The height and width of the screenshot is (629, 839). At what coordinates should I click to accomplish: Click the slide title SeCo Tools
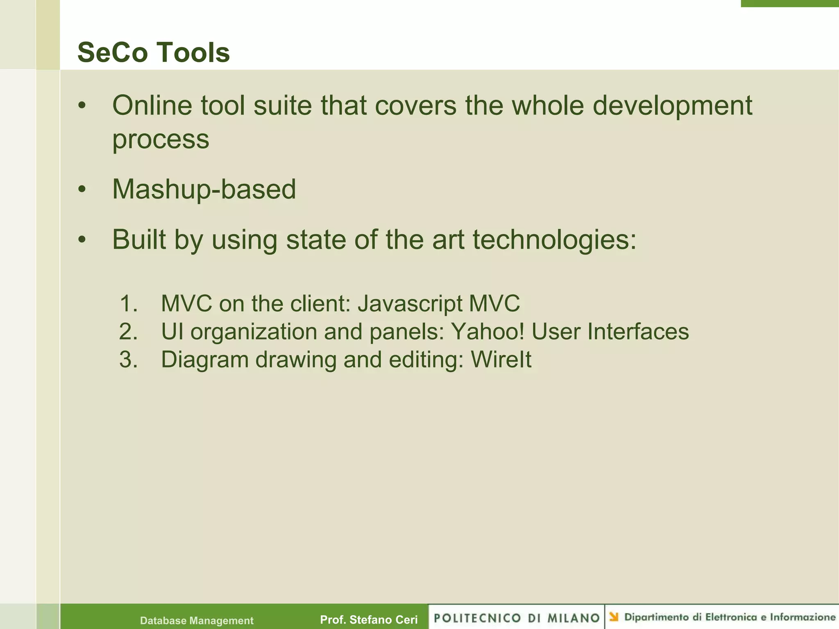click(x=153, y=53)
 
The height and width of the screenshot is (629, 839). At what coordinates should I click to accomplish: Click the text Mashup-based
click(x=204, y=190)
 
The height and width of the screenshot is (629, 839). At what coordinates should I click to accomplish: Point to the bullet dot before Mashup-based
click(x=82, y=190)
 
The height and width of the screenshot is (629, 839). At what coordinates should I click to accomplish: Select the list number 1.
click(x=128, y=304)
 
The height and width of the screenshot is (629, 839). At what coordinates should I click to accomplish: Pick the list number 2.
click(x=128, y=332)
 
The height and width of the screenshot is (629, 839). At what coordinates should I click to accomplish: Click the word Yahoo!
click(x=487, y=332)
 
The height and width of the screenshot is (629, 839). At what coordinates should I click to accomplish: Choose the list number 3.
click(x=128, y=360)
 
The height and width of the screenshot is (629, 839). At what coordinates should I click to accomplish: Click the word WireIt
click(x=501, y=360)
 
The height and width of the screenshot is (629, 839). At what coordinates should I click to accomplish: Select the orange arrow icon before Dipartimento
click(x=614, y=617)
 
